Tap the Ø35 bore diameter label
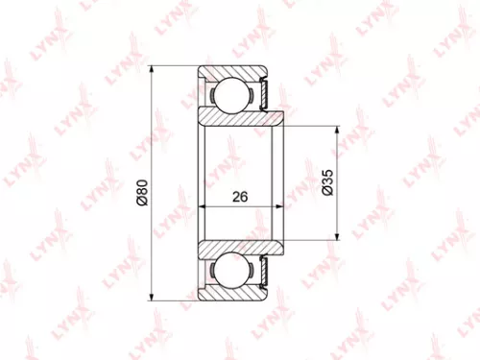(x=325, y=181)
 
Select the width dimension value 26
(x=240, y=196)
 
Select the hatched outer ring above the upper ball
(x=230, y=71)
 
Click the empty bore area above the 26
(x=240, y=158)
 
